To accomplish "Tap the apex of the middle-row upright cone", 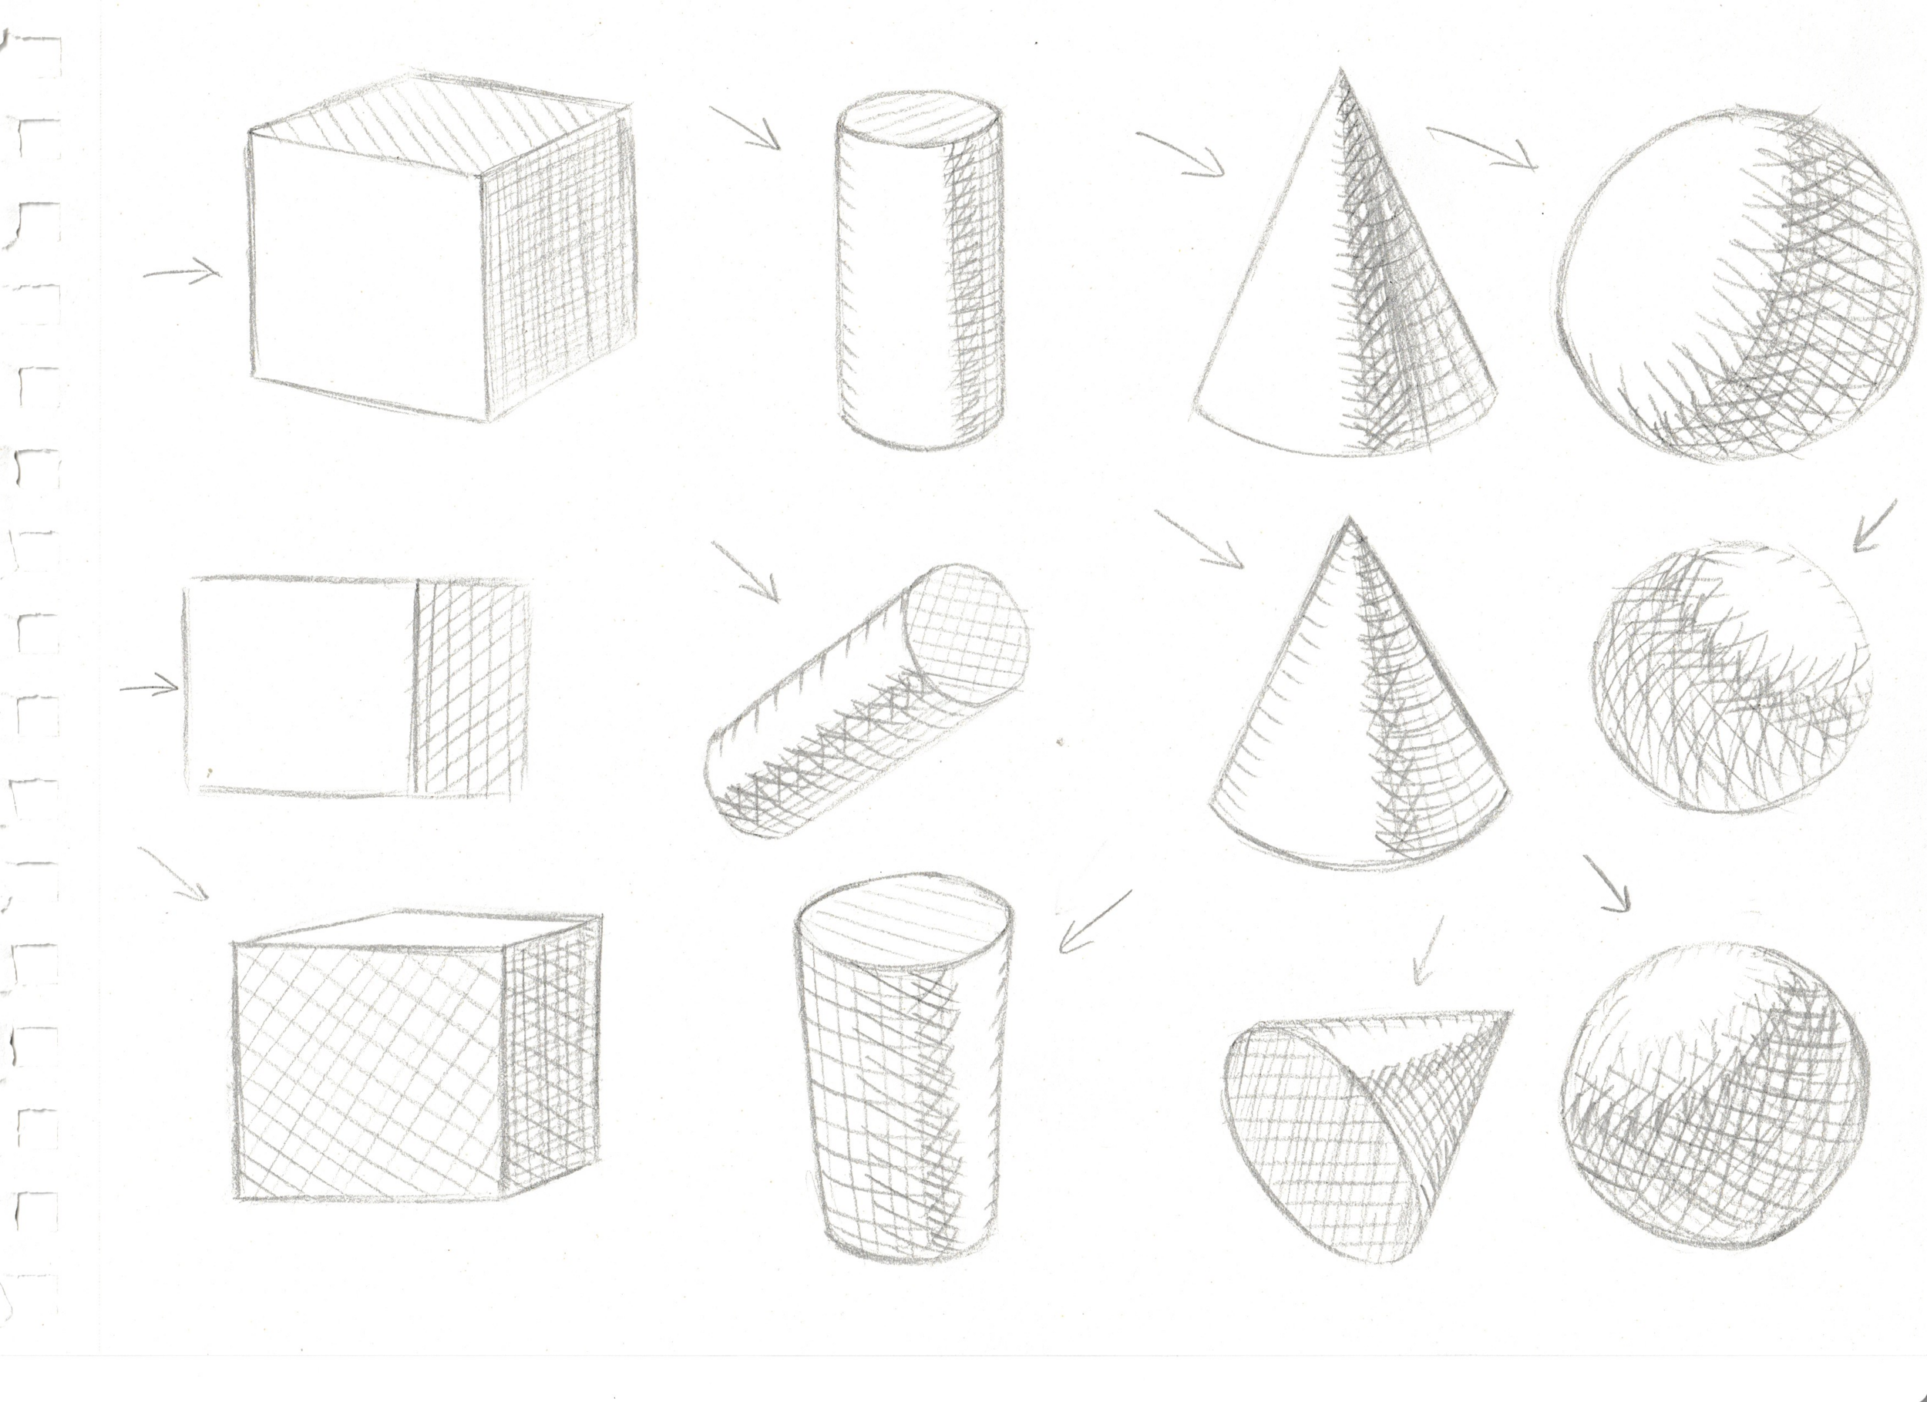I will [1347, 520].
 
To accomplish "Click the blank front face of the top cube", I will [365, 272].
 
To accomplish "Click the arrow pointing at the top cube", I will [183, 273].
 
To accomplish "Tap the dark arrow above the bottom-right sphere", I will [1606, 884].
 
